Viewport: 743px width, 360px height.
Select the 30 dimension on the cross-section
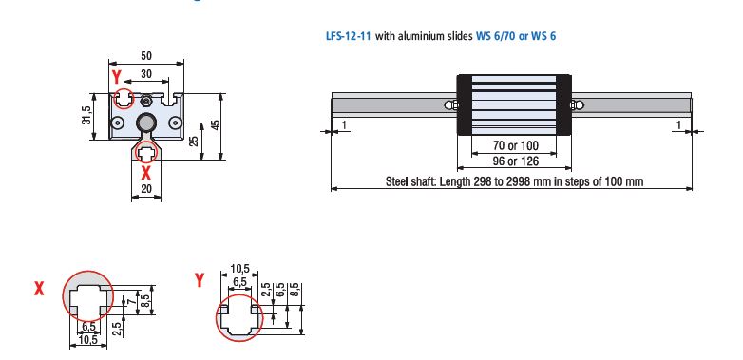[145, 74]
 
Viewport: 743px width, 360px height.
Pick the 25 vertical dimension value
[194, 141]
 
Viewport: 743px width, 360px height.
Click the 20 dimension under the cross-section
[145, 190]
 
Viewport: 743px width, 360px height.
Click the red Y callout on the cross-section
[116, 74]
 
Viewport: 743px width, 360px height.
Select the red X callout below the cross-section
[145, 173]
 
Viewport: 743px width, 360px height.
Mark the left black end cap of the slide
[466, 104]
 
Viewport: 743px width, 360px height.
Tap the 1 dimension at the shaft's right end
[679, 124]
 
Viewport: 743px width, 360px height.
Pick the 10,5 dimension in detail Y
[239, 270]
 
